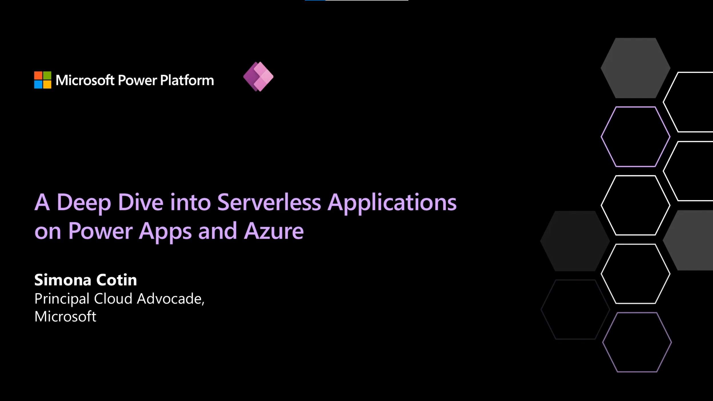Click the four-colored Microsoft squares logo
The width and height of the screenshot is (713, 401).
(x=43, y=80)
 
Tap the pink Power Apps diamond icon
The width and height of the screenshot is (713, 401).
(x=258, y=77)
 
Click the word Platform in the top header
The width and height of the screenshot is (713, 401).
(x=187, y=80)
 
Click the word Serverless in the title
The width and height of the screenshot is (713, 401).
(x=269, y=202)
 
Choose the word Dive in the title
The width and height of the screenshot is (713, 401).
(x=141, y=202)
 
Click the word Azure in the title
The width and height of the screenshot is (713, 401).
(x=273, y=231)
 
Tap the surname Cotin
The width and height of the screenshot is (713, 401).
(x=116, y=280)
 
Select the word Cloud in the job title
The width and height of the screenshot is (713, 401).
(x=113, y=299)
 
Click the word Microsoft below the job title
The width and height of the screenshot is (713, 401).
(x=65, y=316)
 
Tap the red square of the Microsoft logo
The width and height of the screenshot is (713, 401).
(x=38, y=76)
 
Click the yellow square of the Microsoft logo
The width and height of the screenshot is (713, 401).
(x=47, y=84)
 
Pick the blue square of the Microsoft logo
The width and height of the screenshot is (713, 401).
(x=38, y=84)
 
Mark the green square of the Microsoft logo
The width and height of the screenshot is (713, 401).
(x=47, y=76)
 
